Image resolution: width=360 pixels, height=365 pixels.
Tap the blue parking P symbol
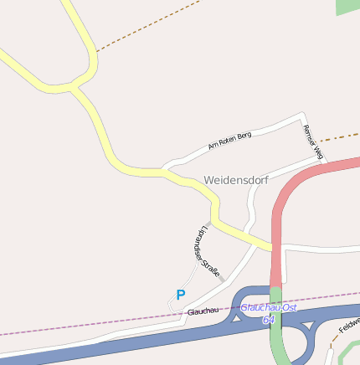pyautogui.click(x=180, y=295)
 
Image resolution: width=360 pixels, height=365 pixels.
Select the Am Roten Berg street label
pyautogui.click(x=229, y=141)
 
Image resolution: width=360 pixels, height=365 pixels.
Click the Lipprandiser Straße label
pyautogui.click(x=206, y=251)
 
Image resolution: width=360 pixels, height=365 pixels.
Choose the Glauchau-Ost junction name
pyautogui.click(x=269, y=307)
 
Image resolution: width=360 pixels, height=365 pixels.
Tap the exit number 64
pyautogui.click(x=268, y=320)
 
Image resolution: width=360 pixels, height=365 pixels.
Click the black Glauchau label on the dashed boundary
pyautogui.click(x=203, y=311)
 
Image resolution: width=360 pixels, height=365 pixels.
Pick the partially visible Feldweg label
pyautogui.click(x=349, y=322)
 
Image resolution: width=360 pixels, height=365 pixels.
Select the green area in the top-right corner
pyautogui.click(x=347, y=7)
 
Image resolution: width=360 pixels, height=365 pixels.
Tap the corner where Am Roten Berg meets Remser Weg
pyautogui.click(x=301, y=117)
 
